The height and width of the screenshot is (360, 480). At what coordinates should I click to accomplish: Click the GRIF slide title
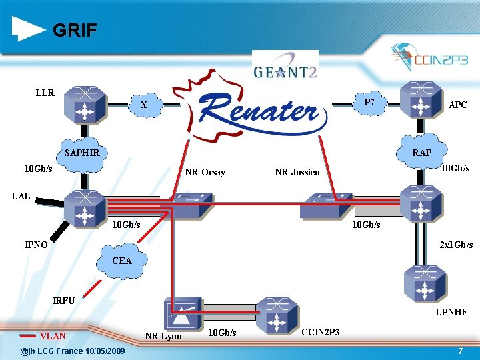[x=75, y=30]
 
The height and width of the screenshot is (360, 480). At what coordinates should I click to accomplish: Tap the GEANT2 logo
[x=285, y=66]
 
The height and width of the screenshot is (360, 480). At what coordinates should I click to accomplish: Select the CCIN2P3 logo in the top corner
[x=429, y=57]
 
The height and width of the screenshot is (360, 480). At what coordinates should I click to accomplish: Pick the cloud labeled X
[x=145, y=105]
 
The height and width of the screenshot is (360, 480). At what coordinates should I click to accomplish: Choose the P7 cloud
[x=369, y=103]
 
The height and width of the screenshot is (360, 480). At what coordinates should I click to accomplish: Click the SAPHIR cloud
[x=82, y=154]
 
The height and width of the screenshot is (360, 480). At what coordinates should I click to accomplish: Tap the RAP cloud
[x=421, y=151]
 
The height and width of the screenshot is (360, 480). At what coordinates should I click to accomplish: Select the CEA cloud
[x=122, y=261]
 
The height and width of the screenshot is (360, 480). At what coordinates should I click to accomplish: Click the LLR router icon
[x=85, y=105]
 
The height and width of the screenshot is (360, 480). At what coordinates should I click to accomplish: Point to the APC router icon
[x=421, y=99]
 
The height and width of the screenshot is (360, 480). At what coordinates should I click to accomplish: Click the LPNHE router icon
[x=425, y=284]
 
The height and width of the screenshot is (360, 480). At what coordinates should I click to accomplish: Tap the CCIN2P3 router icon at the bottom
[x=277, y=316]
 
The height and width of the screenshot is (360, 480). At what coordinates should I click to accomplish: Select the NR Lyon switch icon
[x=183, y=313]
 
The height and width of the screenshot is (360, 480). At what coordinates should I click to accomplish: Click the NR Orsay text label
[x=205, y=173]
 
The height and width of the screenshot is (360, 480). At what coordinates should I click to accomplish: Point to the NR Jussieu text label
[x=297, y=172]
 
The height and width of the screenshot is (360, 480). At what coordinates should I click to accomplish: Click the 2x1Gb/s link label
[x=456, y=245]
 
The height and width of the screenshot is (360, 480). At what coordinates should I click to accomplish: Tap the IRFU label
[x=64, y=301]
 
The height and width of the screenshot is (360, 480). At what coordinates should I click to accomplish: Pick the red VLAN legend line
[x=27, y=336]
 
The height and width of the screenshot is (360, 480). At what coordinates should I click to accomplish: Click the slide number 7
[x=461, y=351]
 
